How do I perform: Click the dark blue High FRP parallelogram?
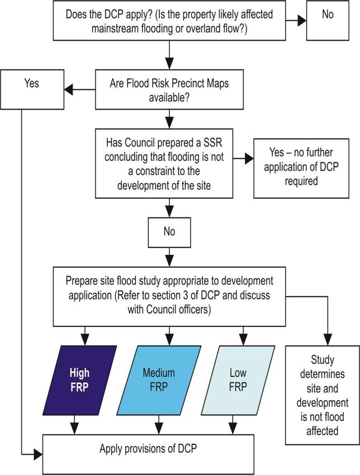(79, 380)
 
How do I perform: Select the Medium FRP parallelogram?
(159, 380)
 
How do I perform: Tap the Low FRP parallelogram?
(238, 380)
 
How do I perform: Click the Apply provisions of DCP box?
(148, 454)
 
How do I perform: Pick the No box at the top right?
(328, 20)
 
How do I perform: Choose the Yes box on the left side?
(32, 89)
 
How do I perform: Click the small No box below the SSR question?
(169, 232)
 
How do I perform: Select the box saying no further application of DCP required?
(301, 168)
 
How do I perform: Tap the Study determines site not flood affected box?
(323, 395)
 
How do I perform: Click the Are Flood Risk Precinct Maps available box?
(169, 89)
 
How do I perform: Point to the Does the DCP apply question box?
(169, 20)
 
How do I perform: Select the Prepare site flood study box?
(169, 297)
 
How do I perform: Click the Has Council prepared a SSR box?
(164, 164)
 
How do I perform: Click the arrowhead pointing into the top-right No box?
(302, 21)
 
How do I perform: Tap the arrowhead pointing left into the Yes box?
(69, 89)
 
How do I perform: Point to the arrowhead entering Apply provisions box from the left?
(38, 454)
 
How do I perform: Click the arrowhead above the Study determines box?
(328, 340)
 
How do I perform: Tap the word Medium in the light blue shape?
(159, 373)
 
